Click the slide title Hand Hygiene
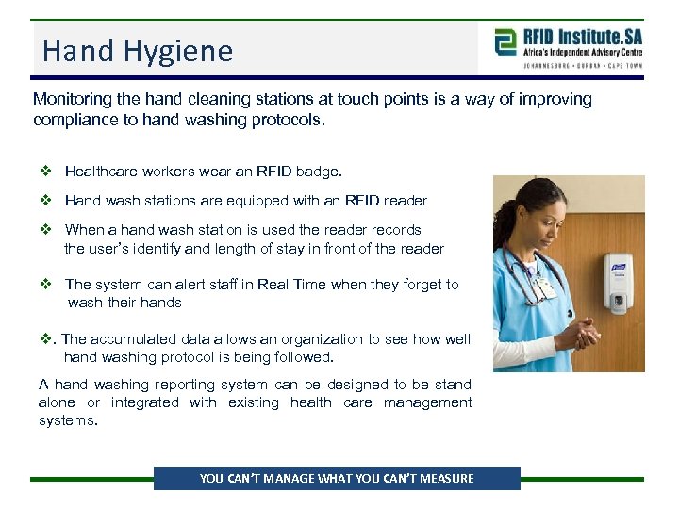coord(138,50)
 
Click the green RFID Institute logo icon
coord(506,42)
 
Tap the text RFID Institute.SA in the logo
coord(581,36)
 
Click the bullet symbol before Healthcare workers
coord(45,172)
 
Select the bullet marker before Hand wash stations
coord(45,201)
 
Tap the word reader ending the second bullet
coord(405,201)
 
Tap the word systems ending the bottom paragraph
coord(67,420)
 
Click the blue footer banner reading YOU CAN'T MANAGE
coord(337,478)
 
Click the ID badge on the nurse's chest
coord(541,286)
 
